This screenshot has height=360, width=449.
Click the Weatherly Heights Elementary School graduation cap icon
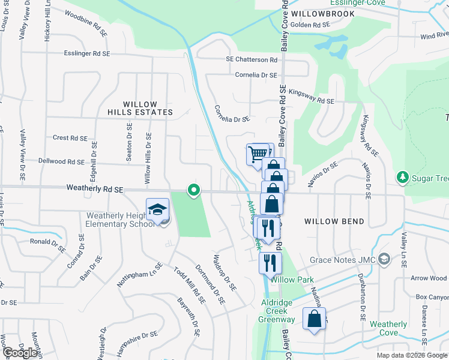[157, 210]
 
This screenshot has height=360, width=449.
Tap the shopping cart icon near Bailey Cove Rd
[258, 154]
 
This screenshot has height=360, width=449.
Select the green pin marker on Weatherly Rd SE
[193, 190]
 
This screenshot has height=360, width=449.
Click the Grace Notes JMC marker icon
[384, 260]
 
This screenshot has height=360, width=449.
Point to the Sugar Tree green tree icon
[402, 178]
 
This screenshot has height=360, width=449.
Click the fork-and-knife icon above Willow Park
[270, 262]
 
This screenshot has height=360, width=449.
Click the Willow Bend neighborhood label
[334, 221]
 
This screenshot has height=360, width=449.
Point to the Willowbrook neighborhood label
[316, 13]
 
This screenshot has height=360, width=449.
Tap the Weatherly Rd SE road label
[95, 189]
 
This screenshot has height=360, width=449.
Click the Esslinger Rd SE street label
[87, 53]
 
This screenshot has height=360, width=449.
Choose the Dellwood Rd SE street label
[61, 161]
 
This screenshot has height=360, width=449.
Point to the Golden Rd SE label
[310, 25]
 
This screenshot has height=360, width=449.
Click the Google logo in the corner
[20, 353]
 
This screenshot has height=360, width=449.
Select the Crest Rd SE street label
[70, 137]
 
